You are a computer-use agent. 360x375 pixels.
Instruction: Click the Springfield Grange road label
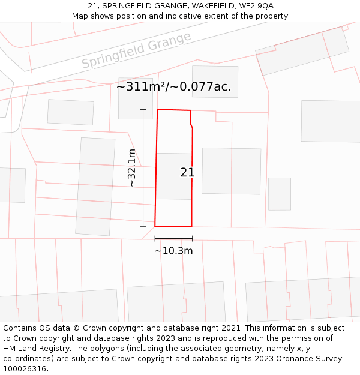coord(136,50)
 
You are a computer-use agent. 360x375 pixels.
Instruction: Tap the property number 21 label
coord(187,173)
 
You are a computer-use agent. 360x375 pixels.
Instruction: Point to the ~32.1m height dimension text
coord(132,168)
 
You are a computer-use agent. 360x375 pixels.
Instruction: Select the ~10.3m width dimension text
coord(173,251)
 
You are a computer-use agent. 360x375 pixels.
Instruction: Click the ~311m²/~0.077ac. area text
coord(173,86)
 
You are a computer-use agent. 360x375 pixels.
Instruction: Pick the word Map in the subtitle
coord(80,16)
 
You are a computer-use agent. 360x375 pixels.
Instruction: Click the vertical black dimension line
coord(143,168)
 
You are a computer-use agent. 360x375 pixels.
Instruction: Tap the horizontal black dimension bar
coord(173,239)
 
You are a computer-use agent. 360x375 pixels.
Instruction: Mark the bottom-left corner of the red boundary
coord(155,226)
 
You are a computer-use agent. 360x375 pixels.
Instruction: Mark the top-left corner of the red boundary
coord(157,110)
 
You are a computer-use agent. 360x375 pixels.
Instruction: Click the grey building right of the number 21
coord(231,171)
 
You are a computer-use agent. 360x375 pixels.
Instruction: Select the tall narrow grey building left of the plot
coord(95,187)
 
